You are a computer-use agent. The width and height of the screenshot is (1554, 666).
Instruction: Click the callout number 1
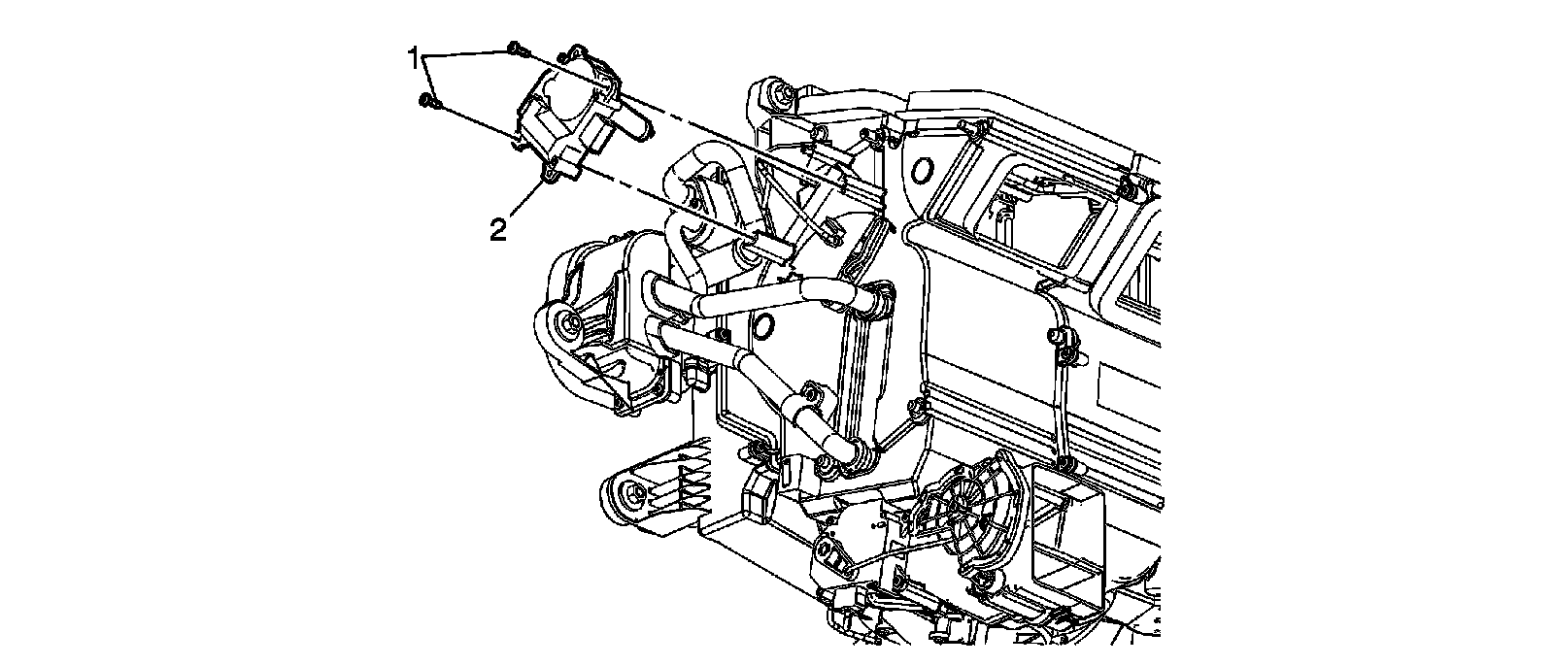tap(414, 59)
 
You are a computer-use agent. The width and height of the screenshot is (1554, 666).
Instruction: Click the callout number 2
tap(497, 230)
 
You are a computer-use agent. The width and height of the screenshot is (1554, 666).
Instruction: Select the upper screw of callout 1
tap(514, 47)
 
